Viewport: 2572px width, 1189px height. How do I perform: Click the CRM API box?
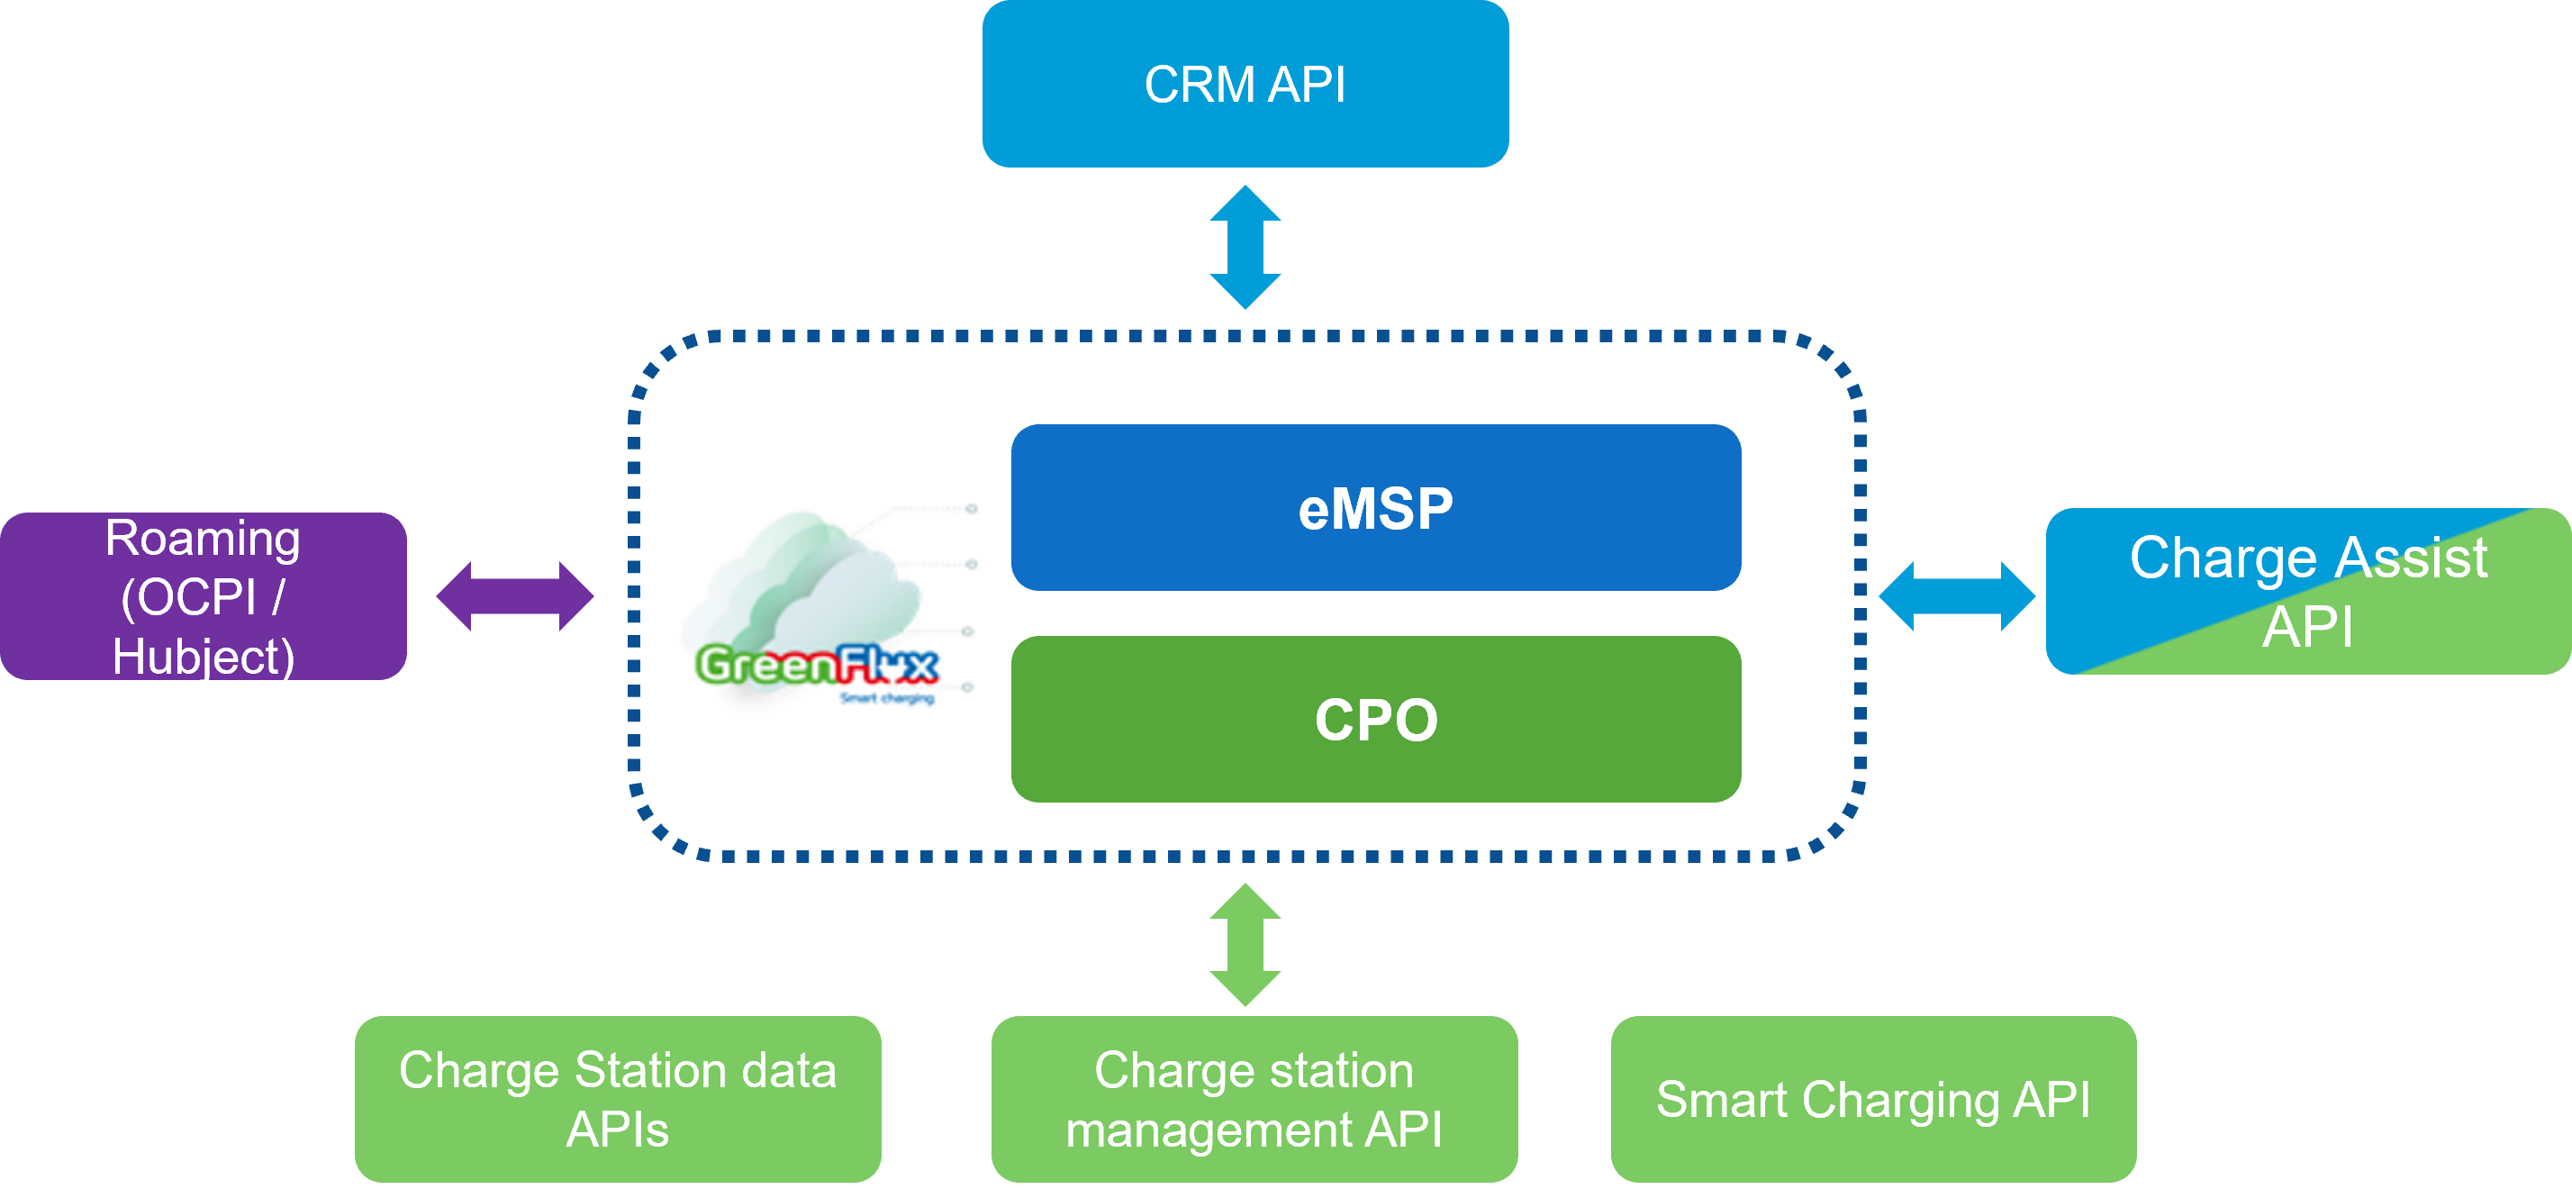pos(1245,84)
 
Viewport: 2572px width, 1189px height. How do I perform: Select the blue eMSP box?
pos(1376,507)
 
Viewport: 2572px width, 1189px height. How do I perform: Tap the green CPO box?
pos(1376,719)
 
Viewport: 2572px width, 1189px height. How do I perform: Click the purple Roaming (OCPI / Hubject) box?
pos(203,596)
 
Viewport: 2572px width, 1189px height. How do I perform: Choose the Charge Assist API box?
pos(2307,591)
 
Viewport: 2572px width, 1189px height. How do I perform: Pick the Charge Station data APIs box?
pos(617,1098)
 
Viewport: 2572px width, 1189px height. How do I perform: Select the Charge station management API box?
pos(1254,1098)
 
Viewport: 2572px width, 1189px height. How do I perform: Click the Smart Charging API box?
pos(1873,1098)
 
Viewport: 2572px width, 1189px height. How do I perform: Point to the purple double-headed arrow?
pos(515,596)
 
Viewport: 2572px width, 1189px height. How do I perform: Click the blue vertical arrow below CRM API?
pos(1245,247)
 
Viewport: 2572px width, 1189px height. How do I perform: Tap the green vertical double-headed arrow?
pos(1245,944)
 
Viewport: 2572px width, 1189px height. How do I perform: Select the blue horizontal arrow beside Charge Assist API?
pos(1957,596)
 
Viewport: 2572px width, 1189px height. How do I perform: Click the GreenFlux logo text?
pos(817,665)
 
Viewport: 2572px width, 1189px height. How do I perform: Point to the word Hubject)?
pos(203,657)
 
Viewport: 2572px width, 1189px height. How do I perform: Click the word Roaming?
pos(203,539)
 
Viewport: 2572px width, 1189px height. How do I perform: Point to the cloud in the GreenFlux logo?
pos(819,579)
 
